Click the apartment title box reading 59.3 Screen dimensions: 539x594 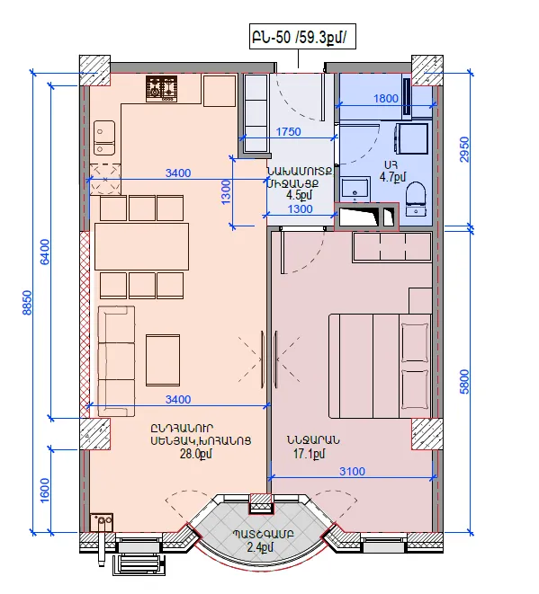(x=302, y=37)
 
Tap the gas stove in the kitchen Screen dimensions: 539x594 (x=162, y=89)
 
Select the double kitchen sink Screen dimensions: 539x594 (x=104, y=137)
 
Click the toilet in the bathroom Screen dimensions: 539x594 (x=416, y=199)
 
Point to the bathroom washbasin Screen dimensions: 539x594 (x=355, y=190)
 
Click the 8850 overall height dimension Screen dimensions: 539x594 (x=27, y=302)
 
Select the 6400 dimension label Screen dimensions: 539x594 (x=45, y=252)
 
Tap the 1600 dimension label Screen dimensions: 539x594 (x=45, y=490)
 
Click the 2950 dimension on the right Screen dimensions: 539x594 (x=464, y=150)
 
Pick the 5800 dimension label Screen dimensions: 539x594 (x=464, y=382)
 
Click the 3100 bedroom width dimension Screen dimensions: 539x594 (x=352, y=472)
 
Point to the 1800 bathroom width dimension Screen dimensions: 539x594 (x=386, y=99)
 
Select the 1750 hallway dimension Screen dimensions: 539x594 (x=288, y=132)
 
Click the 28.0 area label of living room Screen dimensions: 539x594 (x=196, y=454)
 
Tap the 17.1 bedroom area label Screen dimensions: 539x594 (x=310, y=454)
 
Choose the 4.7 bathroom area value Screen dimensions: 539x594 (x=393, y=177)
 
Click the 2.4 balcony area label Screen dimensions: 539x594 (x=260, y=547)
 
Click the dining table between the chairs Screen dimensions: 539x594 (x=141, y=246)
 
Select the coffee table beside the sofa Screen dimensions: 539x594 (x=163, y=359)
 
